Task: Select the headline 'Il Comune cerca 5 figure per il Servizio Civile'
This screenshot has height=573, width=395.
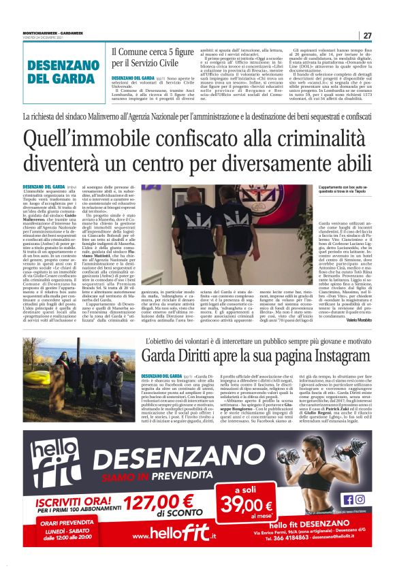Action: click(x=153, y=57)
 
